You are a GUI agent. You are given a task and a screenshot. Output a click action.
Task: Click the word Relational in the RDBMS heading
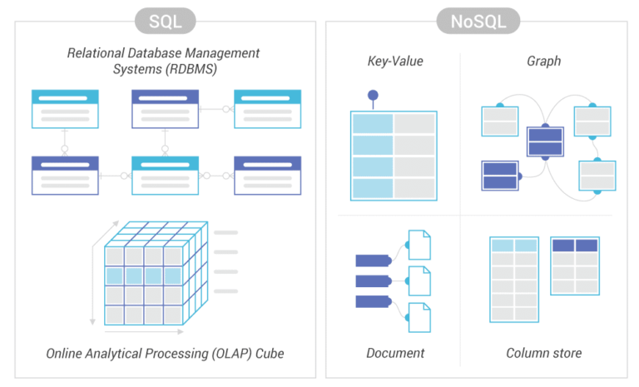pos(97,53)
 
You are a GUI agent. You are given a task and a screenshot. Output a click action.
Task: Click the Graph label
pos(543,61)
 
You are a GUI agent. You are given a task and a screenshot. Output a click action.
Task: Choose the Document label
pos(395,353)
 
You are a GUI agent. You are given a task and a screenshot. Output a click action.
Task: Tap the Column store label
pos(543,353)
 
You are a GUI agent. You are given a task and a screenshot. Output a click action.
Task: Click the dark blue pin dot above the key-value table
pos(373,95)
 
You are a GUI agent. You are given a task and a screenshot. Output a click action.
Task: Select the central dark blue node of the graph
pos(546,141)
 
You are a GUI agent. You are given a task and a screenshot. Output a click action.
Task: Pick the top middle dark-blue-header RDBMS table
pos(165,109)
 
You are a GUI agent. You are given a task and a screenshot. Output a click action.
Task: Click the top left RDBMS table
pos(65,109)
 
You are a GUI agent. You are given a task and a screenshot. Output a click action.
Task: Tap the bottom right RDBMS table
pos(267,176)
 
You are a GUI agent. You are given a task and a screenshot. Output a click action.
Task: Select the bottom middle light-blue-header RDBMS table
pos(165,176)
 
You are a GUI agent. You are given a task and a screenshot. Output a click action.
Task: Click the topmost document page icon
pos(420,245)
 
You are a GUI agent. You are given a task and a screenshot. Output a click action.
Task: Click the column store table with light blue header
pos(514,280)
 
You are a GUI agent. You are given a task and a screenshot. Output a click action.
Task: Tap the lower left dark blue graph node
pos(500,176)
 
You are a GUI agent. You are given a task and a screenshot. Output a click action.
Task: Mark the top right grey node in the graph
pos(592,121)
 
